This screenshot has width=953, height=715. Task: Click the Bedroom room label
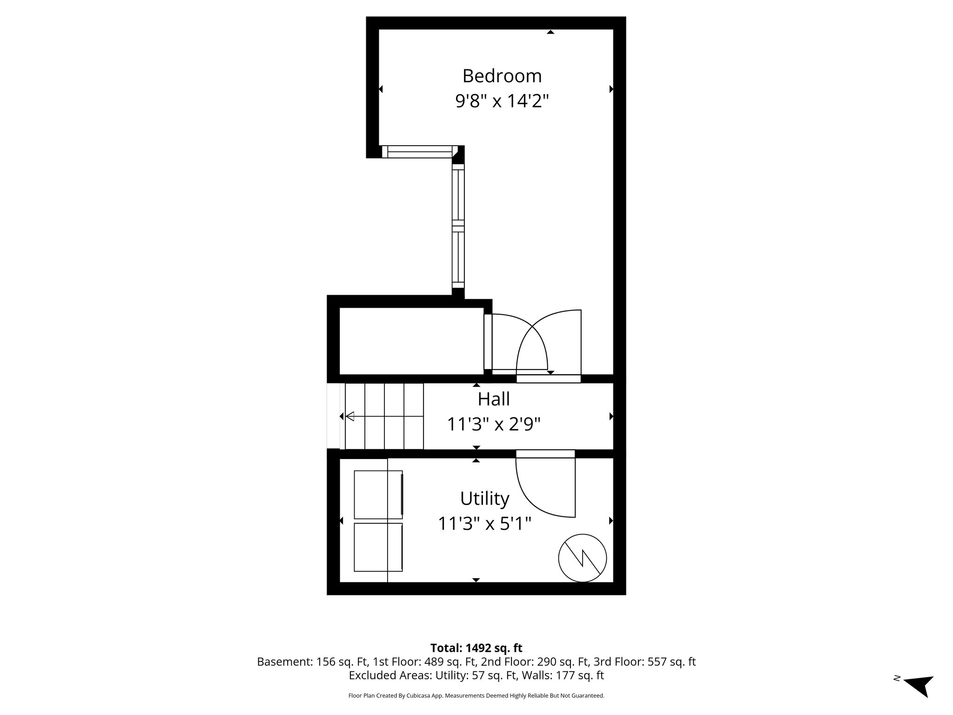click(502, 76)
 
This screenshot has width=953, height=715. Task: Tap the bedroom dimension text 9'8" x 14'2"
click(502, 101)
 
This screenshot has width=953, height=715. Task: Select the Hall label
click(493, 399)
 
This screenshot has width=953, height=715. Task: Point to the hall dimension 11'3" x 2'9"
click(493, 424)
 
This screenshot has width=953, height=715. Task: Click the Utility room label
click(484, 499)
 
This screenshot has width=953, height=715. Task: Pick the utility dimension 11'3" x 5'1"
click(484, 524)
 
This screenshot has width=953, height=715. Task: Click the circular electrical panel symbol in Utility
click(582, 557)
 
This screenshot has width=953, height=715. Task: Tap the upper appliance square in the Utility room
click(378, 494)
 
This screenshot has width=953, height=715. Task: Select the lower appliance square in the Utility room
click(378, 547)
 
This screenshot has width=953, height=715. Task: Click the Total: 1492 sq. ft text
click(476, 648)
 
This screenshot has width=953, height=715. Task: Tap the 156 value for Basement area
click(325, 662)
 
